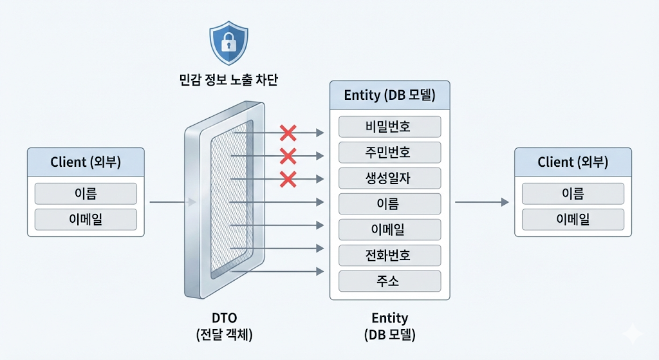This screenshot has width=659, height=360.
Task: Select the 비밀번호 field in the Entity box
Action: pos(389,127)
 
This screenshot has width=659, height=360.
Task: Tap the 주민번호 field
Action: pos(389,152)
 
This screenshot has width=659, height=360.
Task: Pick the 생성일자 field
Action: pos(389,178)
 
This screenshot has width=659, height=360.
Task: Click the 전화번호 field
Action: pos(389,255)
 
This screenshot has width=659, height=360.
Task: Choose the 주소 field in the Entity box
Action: pos(389,281)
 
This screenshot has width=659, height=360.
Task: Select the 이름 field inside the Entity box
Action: pos(389,204)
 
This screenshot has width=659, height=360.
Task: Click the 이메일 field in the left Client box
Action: pos(86,220)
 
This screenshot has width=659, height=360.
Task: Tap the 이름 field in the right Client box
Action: pos(573,193)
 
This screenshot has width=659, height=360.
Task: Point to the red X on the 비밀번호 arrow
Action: pos(288,133)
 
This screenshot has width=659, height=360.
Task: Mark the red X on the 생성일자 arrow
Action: pos(288,179)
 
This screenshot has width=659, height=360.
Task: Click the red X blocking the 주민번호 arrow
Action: pos(288,156)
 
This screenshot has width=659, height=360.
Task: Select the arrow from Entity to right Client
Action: pos(481,202)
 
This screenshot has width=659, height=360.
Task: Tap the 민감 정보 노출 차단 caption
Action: pos(228,80)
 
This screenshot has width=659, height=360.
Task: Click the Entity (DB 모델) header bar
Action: pos(389,95)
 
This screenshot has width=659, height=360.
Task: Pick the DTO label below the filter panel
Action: pos(225,318)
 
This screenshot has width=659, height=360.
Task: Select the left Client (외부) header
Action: pos(86,162)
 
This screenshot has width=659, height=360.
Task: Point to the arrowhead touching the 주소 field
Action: pos(320,272)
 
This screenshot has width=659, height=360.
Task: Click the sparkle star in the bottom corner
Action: pos(633,334)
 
